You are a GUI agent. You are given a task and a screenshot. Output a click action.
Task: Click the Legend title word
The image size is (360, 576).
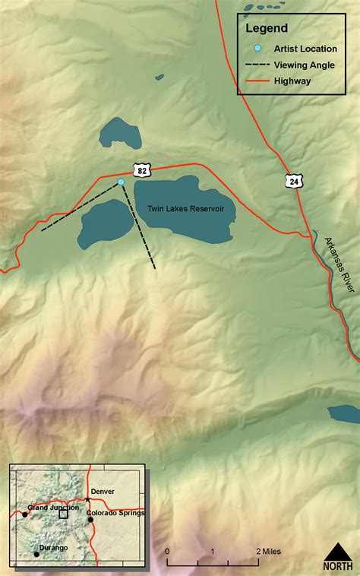[266, 29]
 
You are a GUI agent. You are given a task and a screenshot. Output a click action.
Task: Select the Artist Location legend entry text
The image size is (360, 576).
[305, 49]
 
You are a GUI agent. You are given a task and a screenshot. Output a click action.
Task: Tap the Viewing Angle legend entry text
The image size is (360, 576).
[304, 65]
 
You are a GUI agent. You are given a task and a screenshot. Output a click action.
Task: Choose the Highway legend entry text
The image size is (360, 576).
[292, 81]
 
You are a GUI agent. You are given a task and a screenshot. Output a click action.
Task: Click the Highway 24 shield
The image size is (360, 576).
[294, 180]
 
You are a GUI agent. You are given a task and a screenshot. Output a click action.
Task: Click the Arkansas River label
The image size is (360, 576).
[339, 262]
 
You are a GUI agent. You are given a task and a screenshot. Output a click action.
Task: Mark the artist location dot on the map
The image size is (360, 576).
[121, 182]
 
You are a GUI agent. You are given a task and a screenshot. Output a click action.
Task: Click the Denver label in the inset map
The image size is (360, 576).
[102, 492]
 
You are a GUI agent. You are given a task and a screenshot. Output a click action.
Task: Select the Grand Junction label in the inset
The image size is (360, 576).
[53, 507]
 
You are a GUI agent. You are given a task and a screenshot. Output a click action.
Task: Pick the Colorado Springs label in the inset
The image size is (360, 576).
[115, 513]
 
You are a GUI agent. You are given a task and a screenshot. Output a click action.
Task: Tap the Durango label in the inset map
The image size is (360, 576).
[53, 548]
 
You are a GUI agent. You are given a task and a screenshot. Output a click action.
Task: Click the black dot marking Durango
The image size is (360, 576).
[36, 554]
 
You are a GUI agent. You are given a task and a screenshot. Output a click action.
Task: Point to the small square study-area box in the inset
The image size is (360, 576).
[63, 514]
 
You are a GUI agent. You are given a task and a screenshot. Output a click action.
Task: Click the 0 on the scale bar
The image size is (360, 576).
[167, 551]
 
